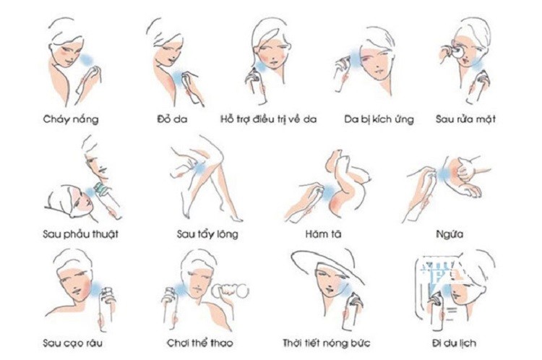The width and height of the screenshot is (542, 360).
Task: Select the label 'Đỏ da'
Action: click(171, 119)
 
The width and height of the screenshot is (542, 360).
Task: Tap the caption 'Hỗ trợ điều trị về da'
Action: click(269, 119)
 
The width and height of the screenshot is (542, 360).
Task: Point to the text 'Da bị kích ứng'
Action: click(379, 119)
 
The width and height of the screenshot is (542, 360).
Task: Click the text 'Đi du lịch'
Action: click(452, 341)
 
